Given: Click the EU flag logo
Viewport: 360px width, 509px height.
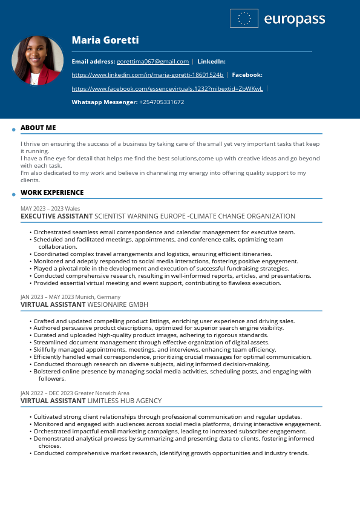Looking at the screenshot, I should click(244, 19).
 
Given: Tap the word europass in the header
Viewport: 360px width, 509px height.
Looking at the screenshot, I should click(295, 19).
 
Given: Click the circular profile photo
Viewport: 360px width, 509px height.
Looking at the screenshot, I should click(38, 61).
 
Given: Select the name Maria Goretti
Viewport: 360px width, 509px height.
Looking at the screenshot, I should click(105, 40).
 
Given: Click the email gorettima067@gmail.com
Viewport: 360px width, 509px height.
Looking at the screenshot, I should click(152, 62).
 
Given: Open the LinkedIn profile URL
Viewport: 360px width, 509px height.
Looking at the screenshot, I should click(148, 75).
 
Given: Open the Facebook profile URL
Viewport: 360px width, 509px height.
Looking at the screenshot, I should click(167, 88).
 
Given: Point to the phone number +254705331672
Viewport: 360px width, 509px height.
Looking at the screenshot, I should click(162, 102).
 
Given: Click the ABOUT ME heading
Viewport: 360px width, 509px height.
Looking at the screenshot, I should click(38, 128).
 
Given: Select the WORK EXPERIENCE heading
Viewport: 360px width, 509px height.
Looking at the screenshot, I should click(52, 192).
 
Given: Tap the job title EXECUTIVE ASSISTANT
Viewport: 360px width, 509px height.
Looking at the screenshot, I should click(56, 216).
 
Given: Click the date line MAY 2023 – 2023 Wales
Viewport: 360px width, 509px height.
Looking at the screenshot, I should click(50, 208).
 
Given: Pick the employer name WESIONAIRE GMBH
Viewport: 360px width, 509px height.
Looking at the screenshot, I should click(118, 304).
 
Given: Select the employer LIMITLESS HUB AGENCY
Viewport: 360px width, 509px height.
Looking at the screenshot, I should click(125, 401).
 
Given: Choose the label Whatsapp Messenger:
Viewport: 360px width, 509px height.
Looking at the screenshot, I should click(105, 102).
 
